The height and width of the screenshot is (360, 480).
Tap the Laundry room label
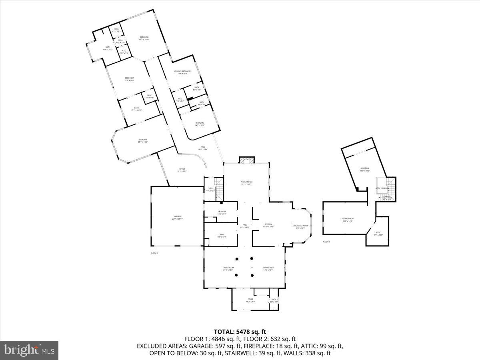pyautogui.click(x=222, y=212)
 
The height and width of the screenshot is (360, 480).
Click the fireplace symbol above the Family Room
pyautogui.click(x=246, y=160)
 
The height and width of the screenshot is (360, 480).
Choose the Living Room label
pyautogui.click(x=228, y=268)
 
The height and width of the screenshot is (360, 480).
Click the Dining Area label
pyautogui.click(x=268, y=268)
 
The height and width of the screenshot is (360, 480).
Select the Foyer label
pyautogui.click(x=250, y=300)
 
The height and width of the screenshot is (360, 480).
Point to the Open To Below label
pyautogui.click(x=382, y=188)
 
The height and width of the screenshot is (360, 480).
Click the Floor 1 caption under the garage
pyautogui.click(x=154, y=253)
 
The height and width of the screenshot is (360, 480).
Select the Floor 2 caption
pyautogui.click(x=326, y=242)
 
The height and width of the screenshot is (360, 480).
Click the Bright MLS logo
pyautogui.click(x=30, y=350)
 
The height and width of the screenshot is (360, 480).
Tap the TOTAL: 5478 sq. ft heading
pyautogui.click(x=240, y=332)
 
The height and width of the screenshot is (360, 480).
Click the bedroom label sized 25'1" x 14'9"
pyautogui.click(x=143, y=140)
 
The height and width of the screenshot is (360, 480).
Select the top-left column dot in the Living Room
pyautogui.click(x=236, y=258)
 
